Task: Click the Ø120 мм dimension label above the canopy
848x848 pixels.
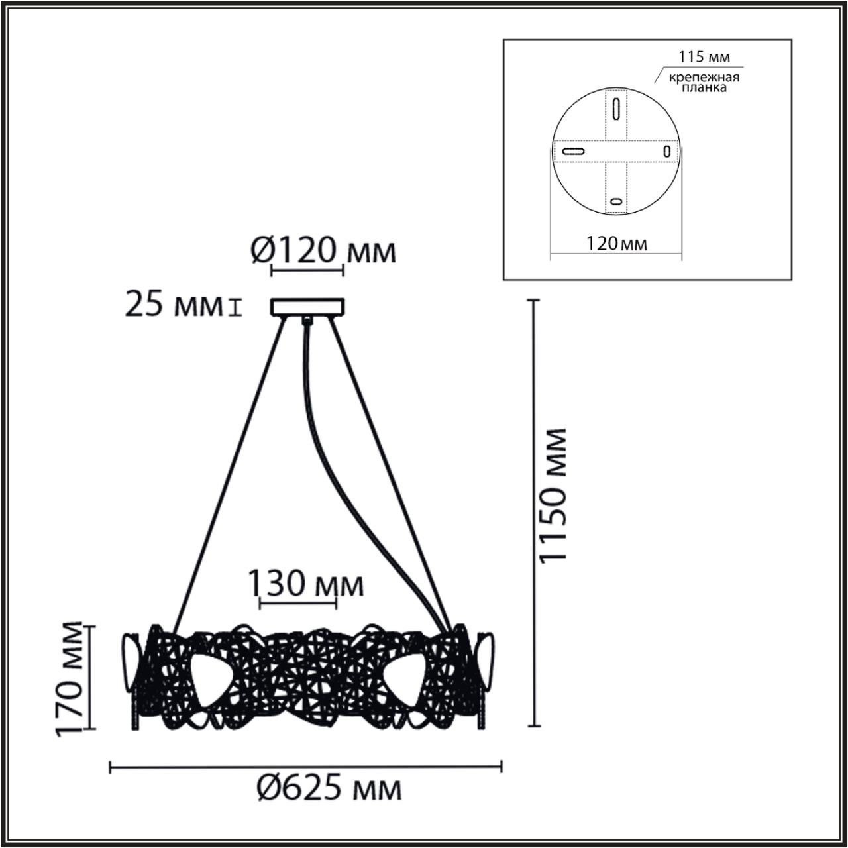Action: pos(324,251)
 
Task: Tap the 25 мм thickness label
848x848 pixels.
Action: pos(173,307)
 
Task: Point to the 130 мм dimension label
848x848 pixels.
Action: pos(305,585)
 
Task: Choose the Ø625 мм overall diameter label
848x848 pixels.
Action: pos(329,788)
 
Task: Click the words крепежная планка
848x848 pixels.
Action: pos(704,83)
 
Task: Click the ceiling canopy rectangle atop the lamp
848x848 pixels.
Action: pos(307,307)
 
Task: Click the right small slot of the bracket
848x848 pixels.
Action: pos(667,151)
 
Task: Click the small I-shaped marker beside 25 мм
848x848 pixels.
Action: pos(233,307)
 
